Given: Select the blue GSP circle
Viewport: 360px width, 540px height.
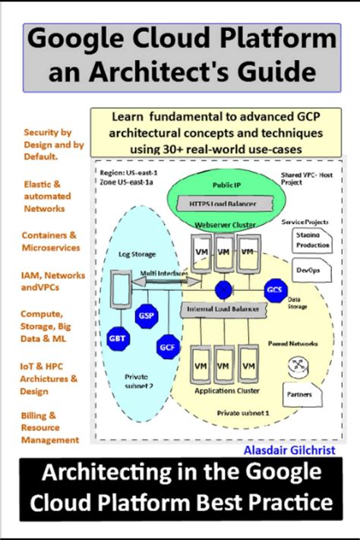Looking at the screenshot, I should click(146, 316).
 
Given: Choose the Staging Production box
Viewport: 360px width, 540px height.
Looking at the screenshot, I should click(311, 240).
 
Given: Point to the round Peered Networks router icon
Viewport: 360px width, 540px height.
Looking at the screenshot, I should click(299, 366).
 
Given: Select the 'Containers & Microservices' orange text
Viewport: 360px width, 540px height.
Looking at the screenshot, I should click(49, 241).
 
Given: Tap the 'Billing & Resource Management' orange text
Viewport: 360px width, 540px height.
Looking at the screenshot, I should click(49, 428).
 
